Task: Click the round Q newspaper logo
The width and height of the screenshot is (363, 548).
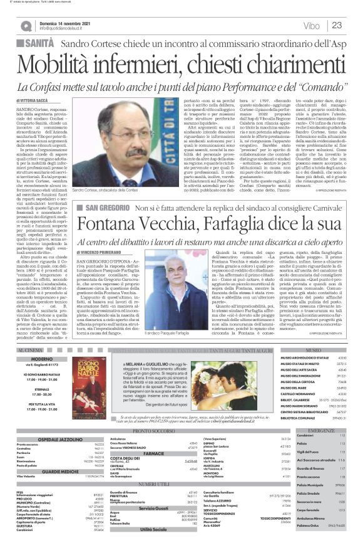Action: coord(26,26)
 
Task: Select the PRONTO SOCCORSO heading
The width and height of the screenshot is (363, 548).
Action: coord(153,431)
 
